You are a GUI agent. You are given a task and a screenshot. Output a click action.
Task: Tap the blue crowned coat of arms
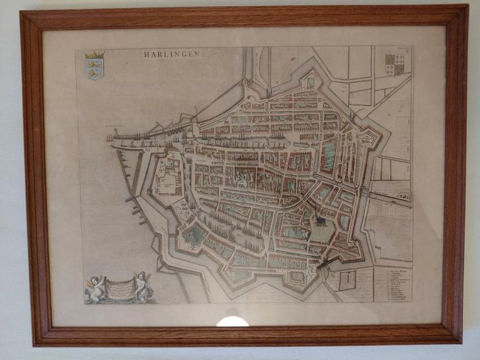[x=95, y=68]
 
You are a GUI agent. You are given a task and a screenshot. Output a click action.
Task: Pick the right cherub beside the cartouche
[x=142, y=285]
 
